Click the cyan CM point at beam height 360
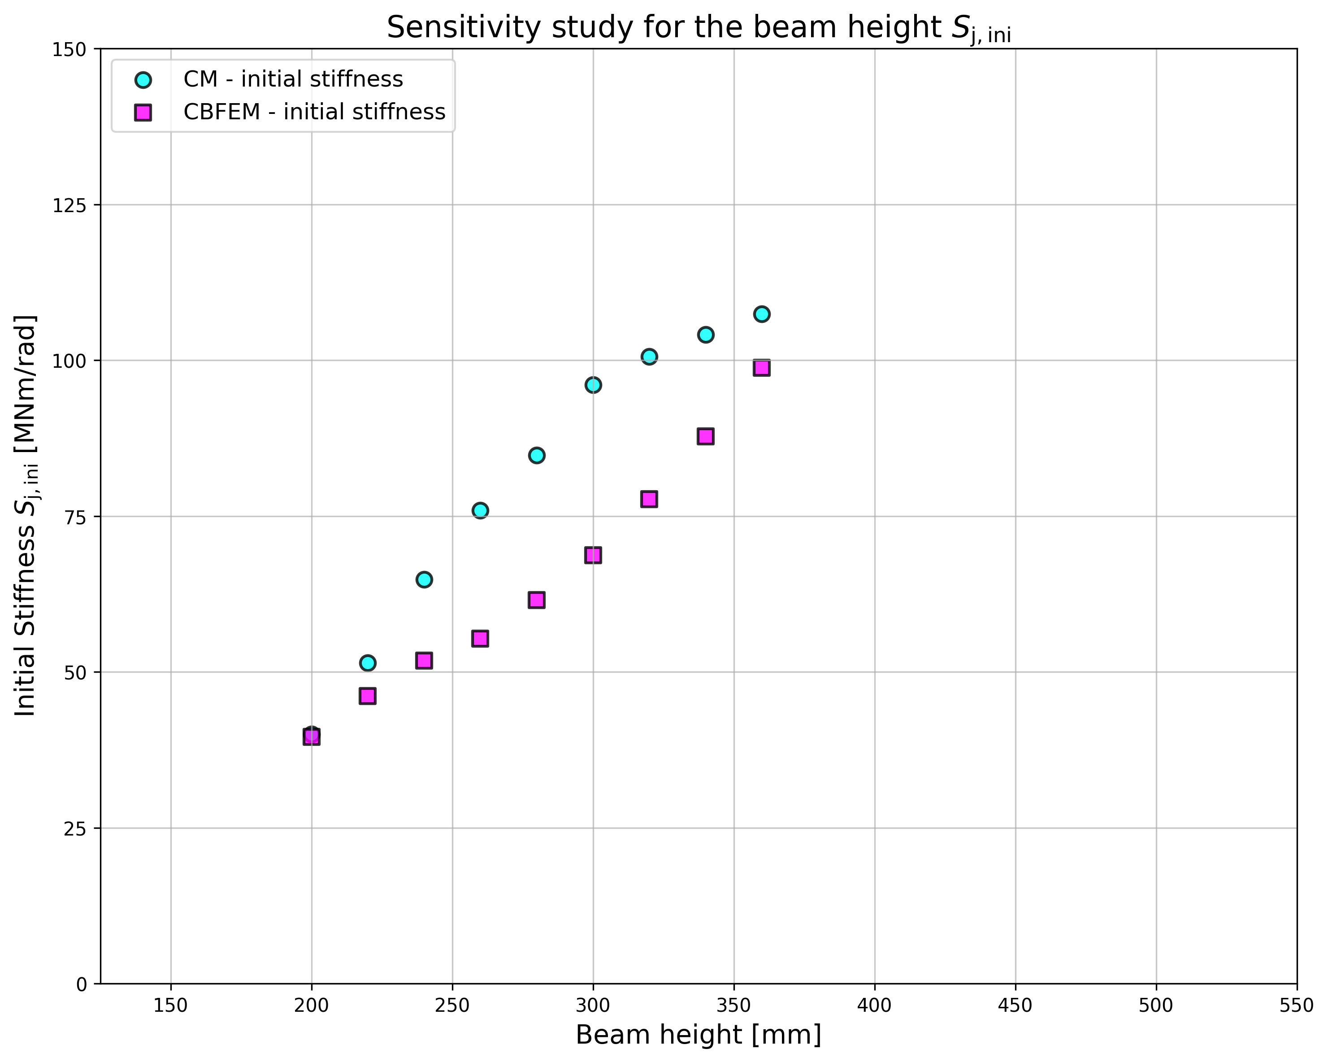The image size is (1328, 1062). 762,314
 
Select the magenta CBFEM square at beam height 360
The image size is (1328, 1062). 762,368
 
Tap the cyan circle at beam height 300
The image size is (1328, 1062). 593,385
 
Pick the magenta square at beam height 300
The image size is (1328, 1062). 593,555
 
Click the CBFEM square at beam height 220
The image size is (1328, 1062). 368,696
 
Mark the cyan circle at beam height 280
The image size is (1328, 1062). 537,455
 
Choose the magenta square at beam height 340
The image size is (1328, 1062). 706,436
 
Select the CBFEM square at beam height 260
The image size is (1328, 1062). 481,638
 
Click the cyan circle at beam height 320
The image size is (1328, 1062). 649,356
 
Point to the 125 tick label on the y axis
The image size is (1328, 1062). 69,205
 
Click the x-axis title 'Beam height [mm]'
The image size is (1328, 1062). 699,1035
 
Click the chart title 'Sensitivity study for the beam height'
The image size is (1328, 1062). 699,28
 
